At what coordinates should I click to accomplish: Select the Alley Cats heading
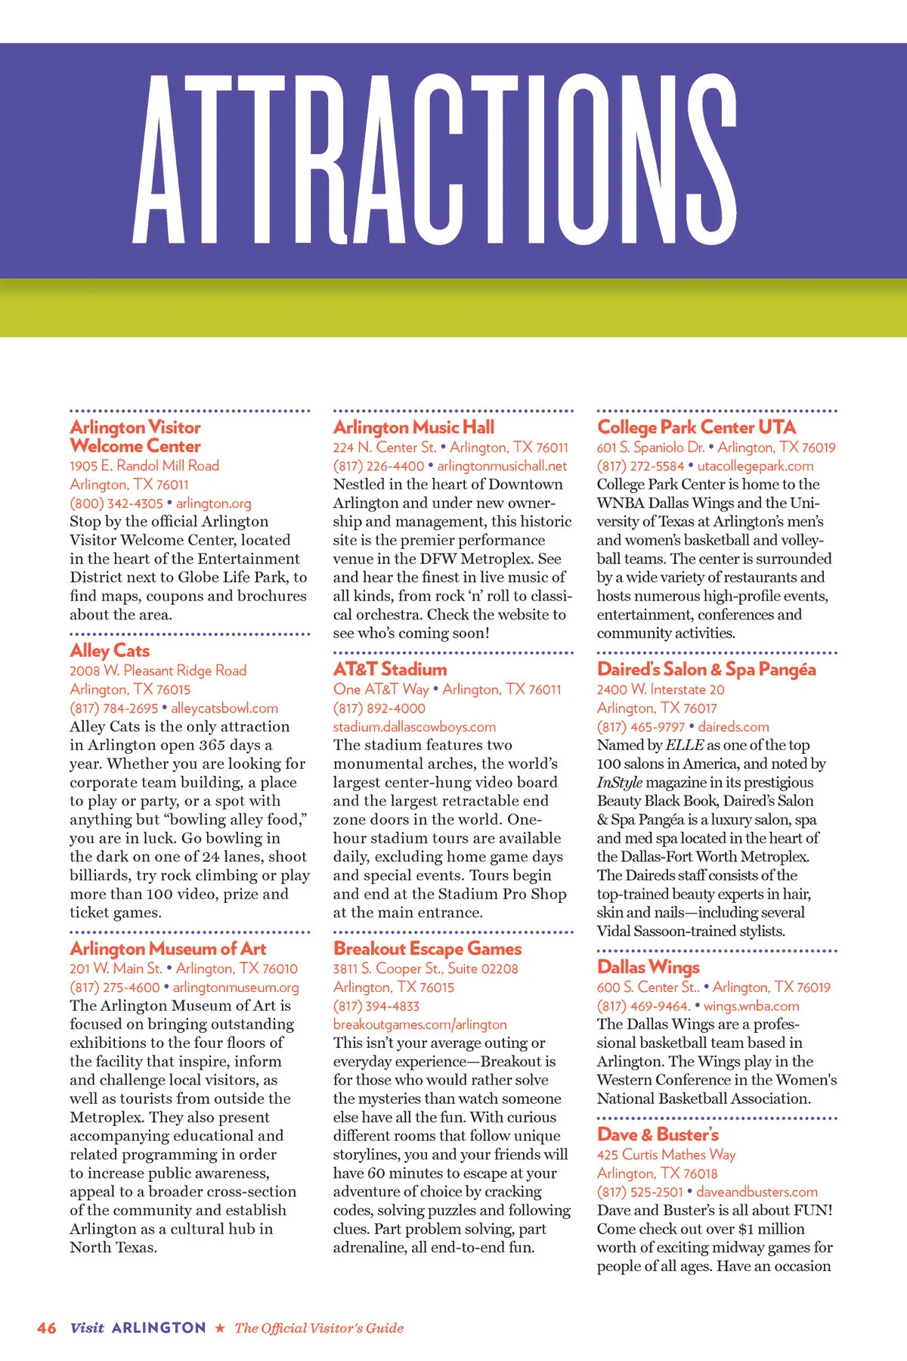click(110, 650)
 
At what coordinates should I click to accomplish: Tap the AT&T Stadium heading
click(390, 669)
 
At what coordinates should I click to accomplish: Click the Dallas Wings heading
click(648, 967)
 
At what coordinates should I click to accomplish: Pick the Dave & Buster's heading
click(658, 1134)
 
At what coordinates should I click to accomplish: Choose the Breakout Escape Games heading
click(427, 948)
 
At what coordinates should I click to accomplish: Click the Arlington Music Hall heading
click(413, 427)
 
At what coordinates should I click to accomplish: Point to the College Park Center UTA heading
click(696, 427)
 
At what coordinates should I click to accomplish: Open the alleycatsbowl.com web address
click(224, 708)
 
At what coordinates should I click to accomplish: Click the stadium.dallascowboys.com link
click(414, 727)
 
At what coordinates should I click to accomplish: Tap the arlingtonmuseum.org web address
click(236, 987)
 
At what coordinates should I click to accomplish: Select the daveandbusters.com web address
click(757, 1192)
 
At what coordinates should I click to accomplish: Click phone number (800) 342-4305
click(116, 504)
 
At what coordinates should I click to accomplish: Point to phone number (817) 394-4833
click(376, 1006)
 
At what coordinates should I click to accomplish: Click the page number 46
click(47, 1328)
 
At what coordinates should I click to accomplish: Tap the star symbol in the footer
click(220, 1328)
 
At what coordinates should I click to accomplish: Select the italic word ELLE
click(684, 746)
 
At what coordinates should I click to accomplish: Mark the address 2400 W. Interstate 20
click(661, 690)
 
